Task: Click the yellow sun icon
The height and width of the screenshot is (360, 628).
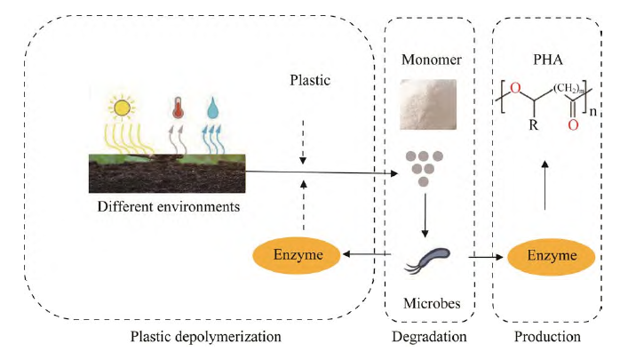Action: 121,108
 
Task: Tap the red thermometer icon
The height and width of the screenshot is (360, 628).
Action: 178,109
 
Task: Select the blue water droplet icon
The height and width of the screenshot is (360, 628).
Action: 213,109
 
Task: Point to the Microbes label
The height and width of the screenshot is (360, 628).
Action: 429,303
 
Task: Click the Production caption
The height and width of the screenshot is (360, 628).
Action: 547,338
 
